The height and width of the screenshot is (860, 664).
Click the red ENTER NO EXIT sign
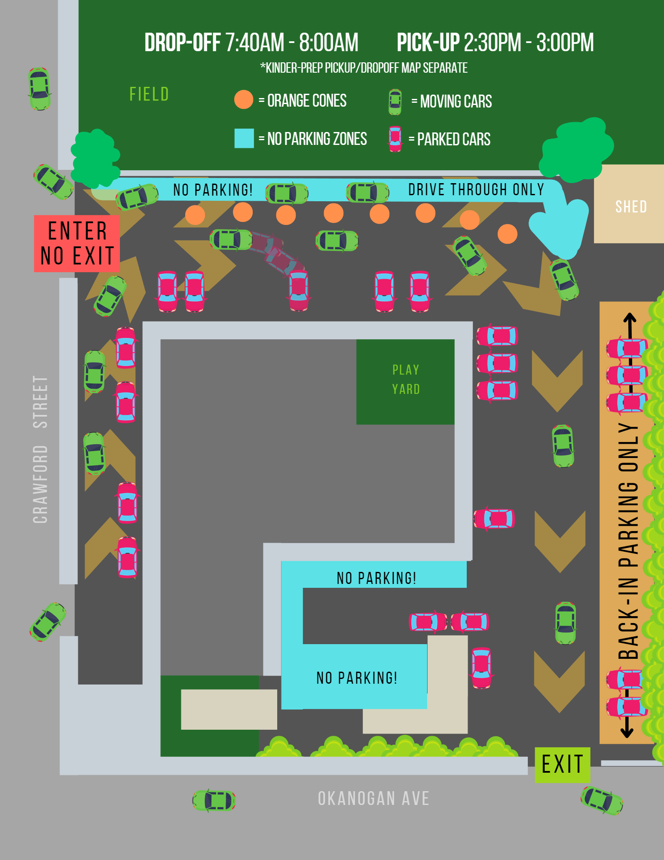[x=77, y=243]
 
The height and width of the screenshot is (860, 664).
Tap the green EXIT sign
[x=562, y=765]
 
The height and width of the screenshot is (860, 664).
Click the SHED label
[x=631, y=207]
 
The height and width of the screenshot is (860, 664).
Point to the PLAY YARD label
[x=406, y=380]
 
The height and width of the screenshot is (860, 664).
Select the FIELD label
[x=149, y=95]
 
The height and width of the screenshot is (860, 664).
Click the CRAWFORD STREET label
[x=40, y=449]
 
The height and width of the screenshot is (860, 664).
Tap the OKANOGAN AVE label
[x=373, y=799]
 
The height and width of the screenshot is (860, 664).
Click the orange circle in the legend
[x=244, y=100]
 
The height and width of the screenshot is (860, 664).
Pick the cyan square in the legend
[x=244, y=138]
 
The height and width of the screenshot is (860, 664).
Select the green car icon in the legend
[x=395, y=102]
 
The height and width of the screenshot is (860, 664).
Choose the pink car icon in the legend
[x=395, y=139]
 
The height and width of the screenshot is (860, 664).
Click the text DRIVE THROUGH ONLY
[x=476, y=190]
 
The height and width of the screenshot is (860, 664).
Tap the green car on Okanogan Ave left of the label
[x=214, y=800]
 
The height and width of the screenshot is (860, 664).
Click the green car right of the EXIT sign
[x=602, y=801]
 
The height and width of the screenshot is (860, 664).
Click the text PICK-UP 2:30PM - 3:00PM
[x=495, y=43]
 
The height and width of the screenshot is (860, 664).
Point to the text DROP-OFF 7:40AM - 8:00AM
[x=251, y=43]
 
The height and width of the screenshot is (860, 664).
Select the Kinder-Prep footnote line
[x=364, y=68]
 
